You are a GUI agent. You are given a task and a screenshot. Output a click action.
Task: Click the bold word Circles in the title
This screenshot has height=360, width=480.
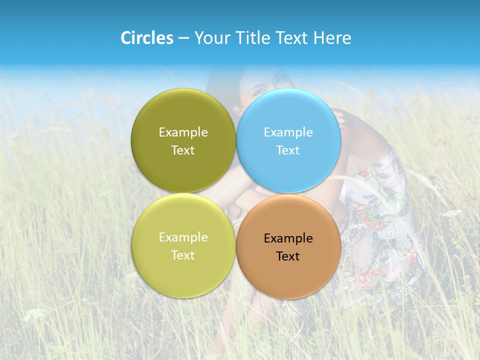[x=147, y=38]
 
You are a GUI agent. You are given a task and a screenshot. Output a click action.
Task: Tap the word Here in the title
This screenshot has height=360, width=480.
[x=332, y=38]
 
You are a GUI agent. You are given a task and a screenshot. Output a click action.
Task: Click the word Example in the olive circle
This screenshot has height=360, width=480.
[x=183, y=132]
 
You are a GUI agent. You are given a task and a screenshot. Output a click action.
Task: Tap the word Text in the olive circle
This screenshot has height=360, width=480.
[x=183, y=150]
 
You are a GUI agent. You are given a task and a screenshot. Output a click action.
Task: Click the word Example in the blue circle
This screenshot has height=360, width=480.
[x=288, y=132]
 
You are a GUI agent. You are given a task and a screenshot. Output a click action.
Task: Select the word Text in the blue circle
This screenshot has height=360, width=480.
[x=288, y=150]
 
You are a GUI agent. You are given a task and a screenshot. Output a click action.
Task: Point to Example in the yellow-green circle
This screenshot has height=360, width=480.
[x=183, y=237]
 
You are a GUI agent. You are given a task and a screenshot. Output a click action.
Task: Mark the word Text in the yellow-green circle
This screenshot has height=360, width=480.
[x=183, y=255]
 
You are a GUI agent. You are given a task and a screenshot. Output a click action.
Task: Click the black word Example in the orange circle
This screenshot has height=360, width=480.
[x=288, y=238]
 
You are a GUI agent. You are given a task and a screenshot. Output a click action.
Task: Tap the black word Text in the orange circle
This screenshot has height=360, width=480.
[x=288, y=256]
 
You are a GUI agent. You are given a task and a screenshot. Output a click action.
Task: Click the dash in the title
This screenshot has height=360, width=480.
[x=183, y=38]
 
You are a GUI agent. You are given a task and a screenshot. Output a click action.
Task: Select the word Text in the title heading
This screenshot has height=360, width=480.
[x=292, y=38]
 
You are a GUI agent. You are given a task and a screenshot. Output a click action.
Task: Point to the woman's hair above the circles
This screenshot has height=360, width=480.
[x=220, y=80]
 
